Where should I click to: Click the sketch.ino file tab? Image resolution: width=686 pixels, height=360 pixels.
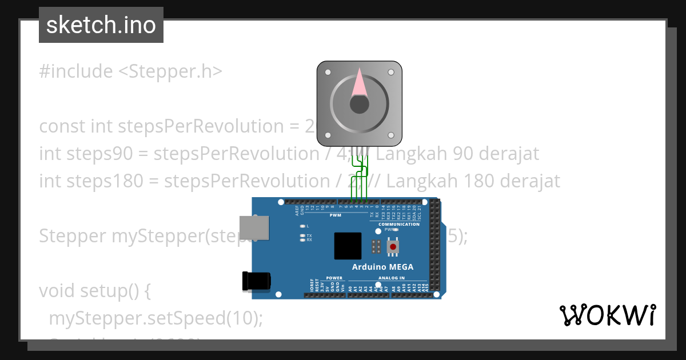click(101, 25)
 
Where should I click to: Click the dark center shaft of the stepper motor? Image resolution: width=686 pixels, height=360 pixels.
click(359, 104)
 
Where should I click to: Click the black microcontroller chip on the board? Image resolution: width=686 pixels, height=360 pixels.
click(348, 246)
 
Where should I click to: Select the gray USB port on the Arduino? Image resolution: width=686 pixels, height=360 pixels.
click(254, 227)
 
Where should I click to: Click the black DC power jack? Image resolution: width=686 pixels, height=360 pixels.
click(256, 281)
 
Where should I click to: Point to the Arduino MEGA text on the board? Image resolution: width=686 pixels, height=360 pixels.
click(382, 267)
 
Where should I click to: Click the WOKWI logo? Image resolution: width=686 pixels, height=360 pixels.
click(607, 315)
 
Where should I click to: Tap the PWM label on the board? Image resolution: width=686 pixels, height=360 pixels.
click(336, 215)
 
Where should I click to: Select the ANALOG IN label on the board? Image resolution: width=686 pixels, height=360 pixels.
click(391, 278)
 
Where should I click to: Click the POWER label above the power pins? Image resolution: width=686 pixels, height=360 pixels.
click(334, 278)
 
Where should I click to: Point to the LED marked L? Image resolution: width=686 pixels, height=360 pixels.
click(302, 226)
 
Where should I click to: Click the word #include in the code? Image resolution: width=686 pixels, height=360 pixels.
click(76, 71)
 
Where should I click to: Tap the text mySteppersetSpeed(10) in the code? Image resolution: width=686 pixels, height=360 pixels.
click(155, 318)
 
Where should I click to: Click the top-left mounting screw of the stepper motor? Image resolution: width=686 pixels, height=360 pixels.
click(328, 73)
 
